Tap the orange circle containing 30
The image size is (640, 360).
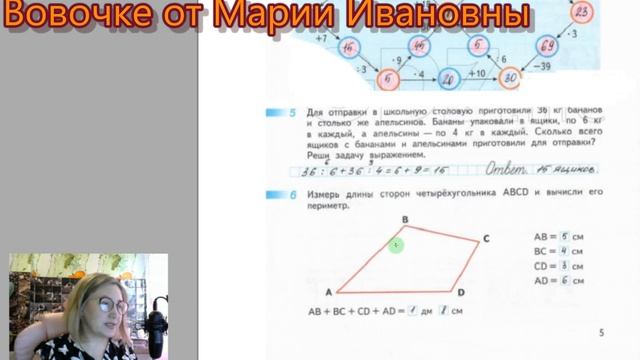[511, 76]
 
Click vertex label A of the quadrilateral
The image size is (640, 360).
[326, 292]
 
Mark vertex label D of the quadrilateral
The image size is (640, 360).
[460, 293]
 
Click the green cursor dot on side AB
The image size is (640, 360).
[396, 244]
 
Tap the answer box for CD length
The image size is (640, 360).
[565, 267]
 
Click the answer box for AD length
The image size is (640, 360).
[565, 282]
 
